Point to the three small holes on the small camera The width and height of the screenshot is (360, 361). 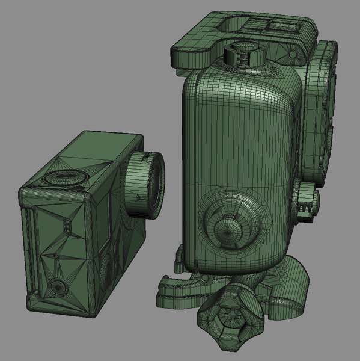click(x=67, y=226)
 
